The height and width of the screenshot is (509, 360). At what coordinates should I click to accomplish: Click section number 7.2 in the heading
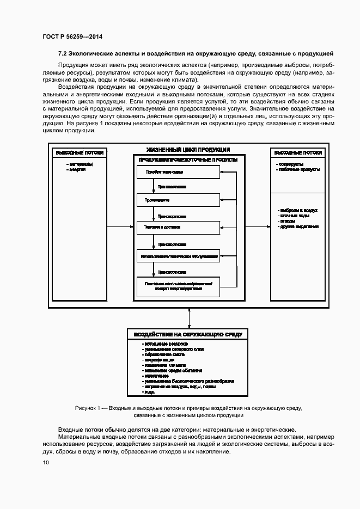coord(62,53)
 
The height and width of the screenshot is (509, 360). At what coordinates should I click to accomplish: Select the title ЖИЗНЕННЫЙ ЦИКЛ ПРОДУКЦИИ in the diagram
coord(188,150)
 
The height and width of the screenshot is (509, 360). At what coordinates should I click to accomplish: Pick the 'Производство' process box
coord(178,200)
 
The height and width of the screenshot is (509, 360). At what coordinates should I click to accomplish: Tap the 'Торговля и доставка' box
coord(178,227)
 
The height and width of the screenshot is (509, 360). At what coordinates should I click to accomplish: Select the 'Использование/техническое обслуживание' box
coord(178,255)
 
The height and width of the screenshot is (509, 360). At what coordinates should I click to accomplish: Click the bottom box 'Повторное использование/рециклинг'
coord(178,286)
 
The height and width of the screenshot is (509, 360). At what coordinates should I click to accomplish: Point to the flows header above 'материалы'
coord(76,153)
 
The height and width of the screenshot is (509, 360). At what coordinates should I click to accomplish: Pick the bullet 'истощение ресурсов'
coord(166,345)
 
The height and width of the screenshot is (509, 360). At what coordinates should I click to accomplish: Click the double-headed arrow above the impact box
coord(188,317)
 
